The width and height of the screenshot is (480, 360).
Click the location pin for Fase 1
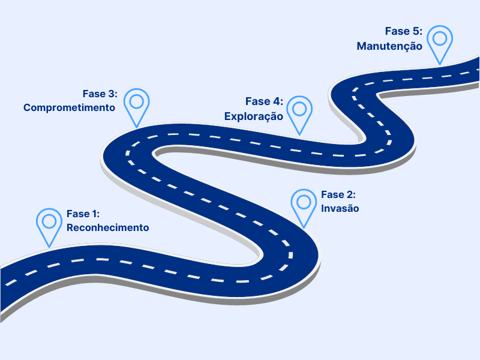(x=49, y=225)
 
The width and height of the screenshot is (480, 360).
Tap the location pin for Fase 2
(x=304, y=207)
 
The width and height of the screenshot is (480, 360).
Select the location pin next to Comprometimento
(x=136, y=106)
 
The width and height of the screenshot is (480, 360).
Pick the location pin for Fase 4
(x=299, y=114)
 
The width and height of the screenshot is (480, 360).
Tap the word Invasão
(x=340, y=209)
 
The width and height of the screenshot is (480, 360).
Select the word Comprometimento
(x=69, y=108)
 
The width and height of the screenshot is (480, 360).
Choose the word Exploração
(x=254, y=116)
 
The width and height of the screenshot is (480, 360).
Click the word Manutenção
(x=390, y=46)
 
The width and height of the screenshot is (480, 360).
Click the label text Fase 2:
(x=338, y=195)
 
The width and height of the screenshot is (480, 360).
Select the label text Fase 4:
(x=264, y=102)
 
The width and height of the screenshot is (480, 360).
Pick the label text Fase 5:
(x=404, y=31)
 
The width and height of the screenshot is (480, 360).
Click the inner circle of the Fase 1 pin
(x=49, y=220)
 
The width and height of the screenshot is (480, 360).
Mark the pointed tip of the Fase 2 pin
(x=304, y=228)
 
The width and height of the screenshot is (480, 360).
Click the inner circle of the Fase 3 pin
(x=136, y=101)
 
